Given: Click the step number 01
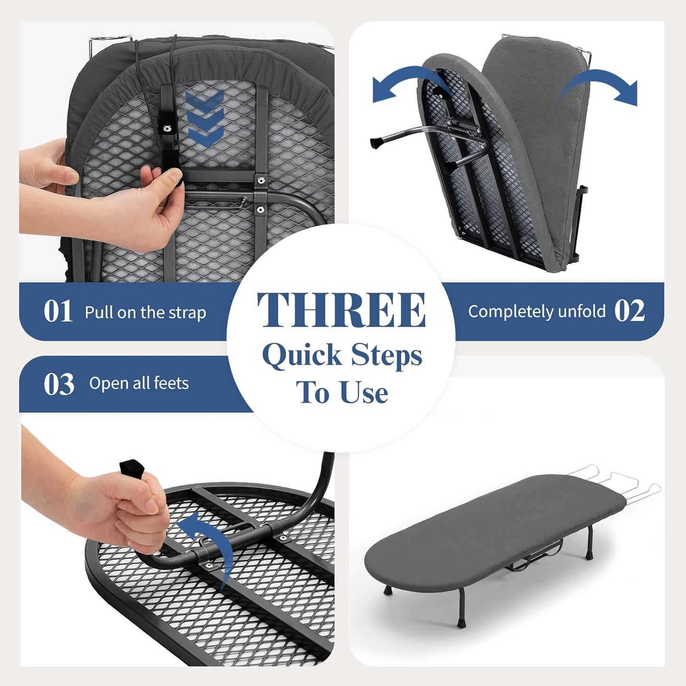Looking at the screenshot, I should click(x=58, y=311).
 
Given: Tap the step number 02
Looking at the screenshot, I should click(x=630, y=311).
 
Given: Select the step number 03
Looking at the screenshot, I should click(x=59, y=384).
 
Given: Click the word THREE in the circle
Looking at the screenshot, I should click(x=341, y=310).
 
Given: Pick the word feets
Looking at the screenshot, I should click(x=171, y=383).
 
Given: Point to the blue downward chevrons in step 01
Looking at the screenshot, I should click(x=204, y=119).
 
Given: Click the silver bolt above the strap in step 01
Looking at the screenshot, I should click(x=168, y=128).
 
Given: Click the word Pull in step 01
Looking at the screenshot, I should click(x=99, y=312).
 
